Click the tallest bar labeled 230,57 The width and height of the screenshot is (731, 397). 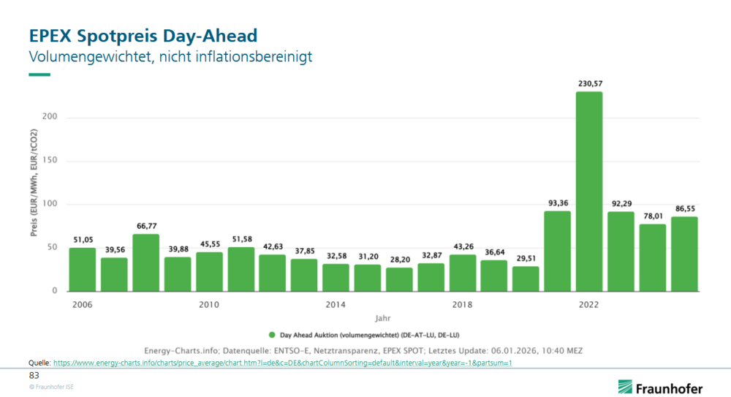coord(589,192)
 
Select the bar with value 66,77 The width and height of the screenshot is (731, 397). coord(145,262)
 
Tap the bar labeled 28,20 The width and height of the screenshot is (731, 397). coord(399,279)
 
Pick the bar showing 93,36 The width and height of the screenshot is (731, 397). coord(557,251)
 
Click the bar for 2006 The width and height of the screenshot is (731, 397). coord(82,269)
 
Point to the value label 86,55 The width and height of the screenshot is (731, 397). coord(684,208)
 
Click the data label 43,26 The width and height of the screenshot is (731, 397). coord(462,246)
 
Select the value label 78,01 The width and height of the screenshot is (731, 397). coord(653,216)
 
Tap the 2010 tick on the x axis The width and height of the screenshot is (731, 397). coord(209,303)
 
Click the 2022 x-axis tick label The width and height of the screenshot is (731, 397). coord(589,303)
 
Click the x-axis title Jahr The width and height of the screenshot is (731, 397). coord(383,319)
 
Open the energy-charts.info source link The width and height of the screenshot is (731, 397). coord(282,363)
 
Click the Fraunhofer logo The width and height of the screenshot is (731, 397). coord(660,387)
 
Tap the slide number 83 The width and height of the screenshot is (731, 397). coord(34,374)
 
